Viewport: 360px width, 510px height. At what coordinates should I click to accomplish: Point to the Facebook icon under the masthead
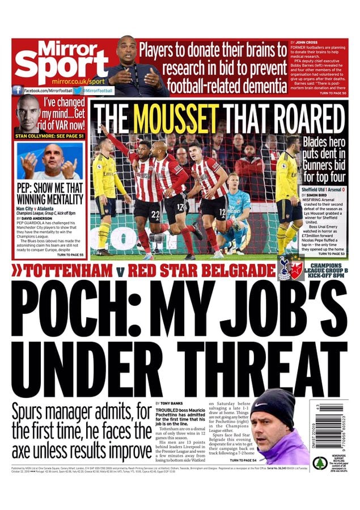pos(18,90)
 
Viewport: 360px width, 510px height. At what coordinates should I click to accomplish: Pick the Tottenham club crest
pos(285,266)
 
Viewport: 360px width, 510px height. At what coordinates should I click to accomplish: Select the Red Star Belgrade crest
pos(297,266)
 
